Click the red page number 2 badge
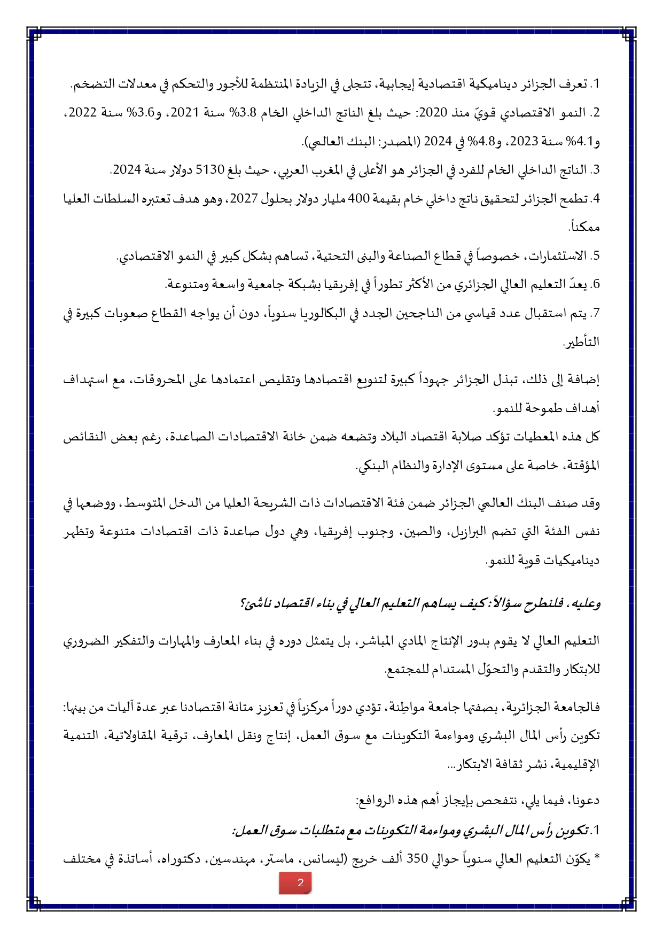[295, 882]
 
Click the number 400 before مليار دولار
[359, 199]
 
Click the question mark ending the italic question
[243, 603]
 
